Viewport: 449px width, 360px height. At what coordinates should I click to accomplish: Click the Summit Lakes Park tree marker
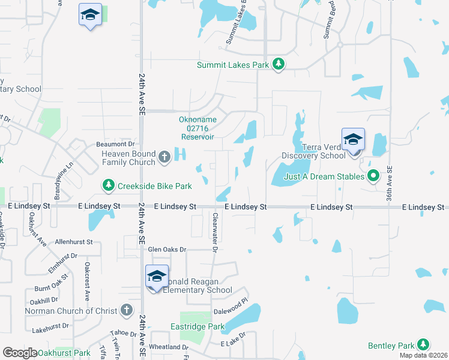(x=278, y=65)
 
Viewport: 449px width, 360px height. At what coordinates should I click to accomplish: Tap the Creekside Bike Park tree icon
(x=108, y=186)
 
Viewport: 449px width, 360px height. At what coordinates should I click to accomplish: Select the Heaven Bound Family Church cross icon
(x=164, y=158)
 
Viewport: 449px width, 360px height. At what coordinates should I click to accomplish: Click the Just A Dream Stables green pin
(x=373, y=176)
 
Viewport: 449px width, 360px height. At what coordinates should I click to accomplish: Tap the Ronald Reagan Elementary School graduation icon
(x=157, y=277)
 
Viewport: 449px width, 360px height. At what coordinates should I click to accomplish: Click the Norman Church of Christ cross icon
(x=126, y=310)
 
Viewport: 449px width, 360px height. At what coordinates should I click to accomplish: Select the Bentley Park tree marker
(x=424, y=345)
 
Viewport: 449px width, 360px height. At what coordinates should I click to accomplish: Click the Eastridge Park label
(x=202, y=327)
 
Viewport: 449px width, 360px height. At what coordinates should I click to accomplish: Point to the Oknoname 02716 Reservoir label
(x=197, y=128)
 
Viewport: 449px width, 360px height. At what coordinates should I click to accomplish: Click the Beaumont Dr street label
(x=115, y=145)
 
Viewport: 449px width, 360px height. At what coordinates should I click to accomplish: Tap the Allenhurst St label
(x=73, y=242)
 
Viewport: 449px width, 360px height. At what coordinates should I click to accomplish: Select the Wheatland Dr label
(x=169, y=347)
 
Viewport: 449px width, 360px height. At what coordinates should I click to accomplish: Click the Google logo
(x=20, y=353)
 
